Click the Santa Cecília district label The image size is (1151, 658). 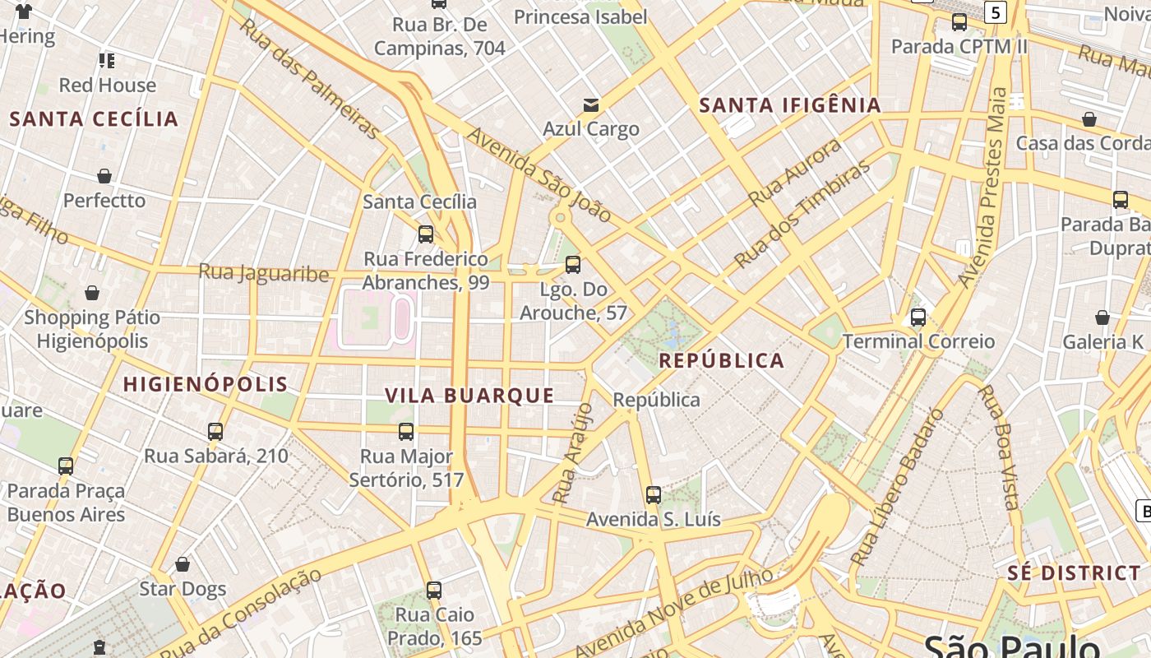94,119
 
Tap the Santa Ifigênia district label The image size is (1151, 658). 790,105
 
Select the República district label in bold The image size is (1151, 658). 722,361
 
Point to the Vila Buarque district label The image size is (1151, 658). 470,396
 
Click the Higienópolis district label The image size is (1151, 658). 206,384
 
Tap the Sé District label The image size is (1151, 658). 1075,573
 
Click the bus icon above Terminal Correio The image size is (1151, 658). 918,317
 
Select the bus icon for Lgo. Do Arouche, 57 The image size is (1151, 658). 573,265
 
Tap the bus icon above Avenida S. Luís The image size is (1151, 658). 654,495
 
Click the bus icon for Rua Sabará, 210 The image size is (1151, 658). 215,432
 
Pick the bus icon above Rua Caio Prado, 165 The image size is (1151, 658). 434,591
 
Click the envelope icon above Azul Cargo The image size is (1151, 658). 590,104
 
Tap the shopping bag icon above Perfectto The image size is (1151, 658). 104,176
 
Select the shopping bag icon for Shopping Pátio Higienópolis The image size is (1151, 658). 92,293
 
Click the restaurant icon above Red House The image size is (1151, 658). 107,61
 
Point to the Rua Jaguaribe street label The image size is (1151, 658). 264,273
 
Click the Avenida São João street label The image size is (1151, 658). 539,175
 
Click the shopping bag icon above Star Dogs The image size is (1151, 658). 183,564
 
